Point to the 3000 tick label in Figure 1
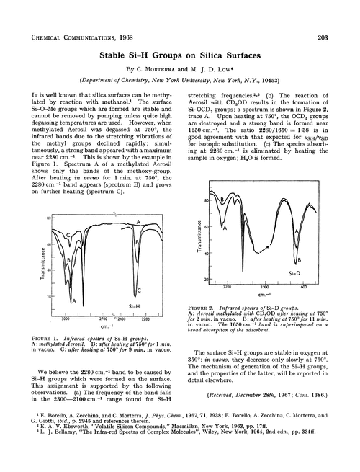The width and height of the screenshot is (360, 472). coord(66,318)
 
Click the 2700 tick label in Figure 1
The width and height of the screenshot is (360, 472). coord(103,318)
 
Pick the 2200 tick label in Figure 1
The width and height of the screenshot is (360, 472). coord(145,318)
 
